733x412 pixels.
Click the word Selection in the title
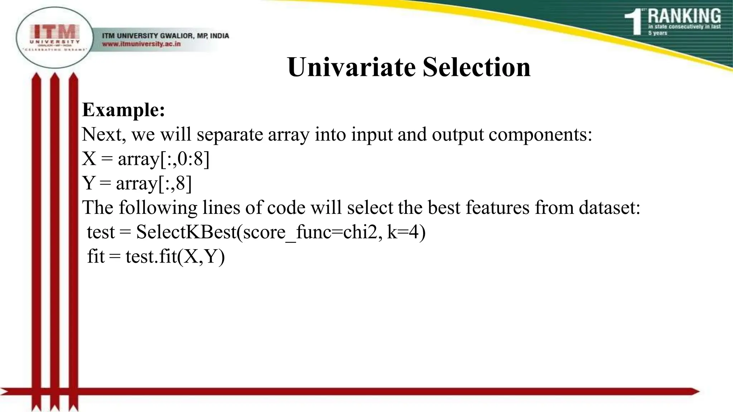pyautogui.click(x=476, y=67)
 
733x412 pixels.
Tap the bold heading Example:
pyautogui.click(x=123, y=110)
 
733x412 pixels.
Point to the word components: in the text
pyautogui.click(x=540, y=135)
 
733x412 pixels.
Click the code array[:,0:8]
pyautogui.click(x=164, y=159)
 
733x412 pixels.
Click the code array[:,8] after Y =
pyautogui.click(x=154, y=183)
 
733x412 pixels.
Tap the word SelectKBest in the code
pyautogui.click(x=186, y=232)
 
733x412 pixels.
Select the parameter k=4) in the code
pyautogui.click(x=406, y=232)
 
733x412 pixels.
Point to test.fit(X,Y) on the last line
pyautogui.click(x=175, y=256)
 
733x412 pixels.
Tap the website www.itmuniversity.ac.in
pyautogui.click(x=141, y=44)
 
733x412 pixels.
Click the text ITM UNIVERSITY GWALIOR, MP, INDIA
pyautogui.click(x=165, y=36)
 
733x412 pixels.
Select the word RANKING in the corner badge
pyautogui.click(x=684, y=16)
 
